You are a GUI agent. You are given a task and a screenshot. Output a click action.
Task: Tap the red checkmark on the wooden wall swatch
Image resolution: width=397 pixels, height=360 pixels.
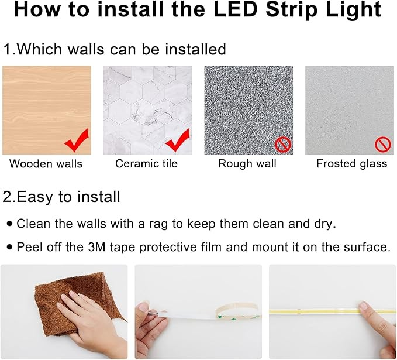pyautogui.click(x=77, y=140)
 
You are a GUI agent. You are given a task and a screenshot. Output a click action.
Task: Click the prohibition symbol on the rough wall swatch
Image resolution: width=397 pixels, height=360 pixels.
pyautogui.click(x=282, y=145)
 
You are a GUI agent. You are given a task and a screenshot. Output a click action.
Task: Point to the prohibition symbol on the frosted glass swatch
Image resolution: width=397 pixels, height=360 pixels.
pyautogui.click(x=382, y=144)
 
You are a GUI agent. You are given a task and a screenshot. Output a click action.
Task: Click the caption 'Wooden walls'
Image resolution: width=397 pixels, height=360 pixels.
pyautogui.click(x=46, y=164)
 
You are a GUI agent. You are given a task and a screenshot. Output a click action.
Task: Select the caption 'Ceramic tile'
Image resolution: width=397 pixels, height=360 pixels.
pyautogui.click(x=146, y=164)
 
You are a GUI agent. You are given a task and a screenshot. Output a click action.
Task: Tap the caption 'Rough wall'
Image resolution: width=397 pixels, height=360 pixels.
pyautogui.click(x=247, y=164)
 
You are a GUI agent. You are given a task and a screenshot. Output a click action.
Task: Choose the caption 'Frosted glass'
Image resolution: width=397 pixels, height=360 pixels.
pyautogui.click(x=351, y=164)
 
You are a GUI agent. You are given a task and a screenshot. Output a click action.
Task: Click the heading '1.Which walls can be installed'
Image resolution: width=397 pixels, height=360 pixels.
pyautogui.click(x=115, y=49)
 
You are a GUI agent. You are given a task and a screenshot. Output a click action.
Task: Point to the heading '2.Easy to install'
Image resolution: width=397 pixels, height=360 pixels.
pyautogui.click(x=62, y=197)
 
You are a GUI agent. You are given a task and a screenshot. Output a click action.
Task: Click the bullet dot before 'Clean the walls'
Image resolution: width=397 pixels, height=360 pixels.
pyautogui.click(x=9, y=224)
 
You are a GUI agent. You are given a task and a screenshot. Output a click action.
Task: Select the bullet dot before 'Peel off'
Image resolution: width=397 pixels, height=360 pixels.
pyautogui.click(x=9, y=247)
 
